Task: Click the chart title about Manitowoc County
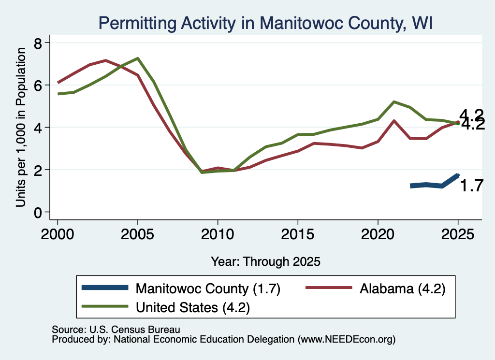point(265,23)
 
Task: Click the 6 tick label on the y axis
point(38,86)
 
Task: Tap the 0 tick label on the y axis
point(38,213)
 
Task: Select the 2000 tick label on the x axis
point(58,234)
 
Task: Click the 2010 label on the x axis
point(218,234)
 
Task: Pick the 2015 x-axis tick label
point(298,234)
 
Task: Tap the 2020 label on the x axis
point(378,234)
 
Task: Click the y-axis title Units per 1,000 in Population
point(21,127)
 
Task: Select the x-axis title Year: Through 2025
point(265,261)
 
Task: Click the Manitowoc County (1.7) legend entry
point(181,288)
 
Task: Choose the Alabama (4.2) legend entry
point(376,288)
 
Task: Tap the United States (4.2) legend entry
point(166,307)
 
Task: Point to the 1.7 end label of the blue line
point(471,186)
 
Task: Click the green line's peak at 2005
point(138,58)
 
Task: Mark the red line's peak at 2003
point(106,60)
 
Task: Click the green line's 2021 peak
point(394,102)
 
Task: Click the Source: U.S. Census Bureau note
point(116,330)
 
